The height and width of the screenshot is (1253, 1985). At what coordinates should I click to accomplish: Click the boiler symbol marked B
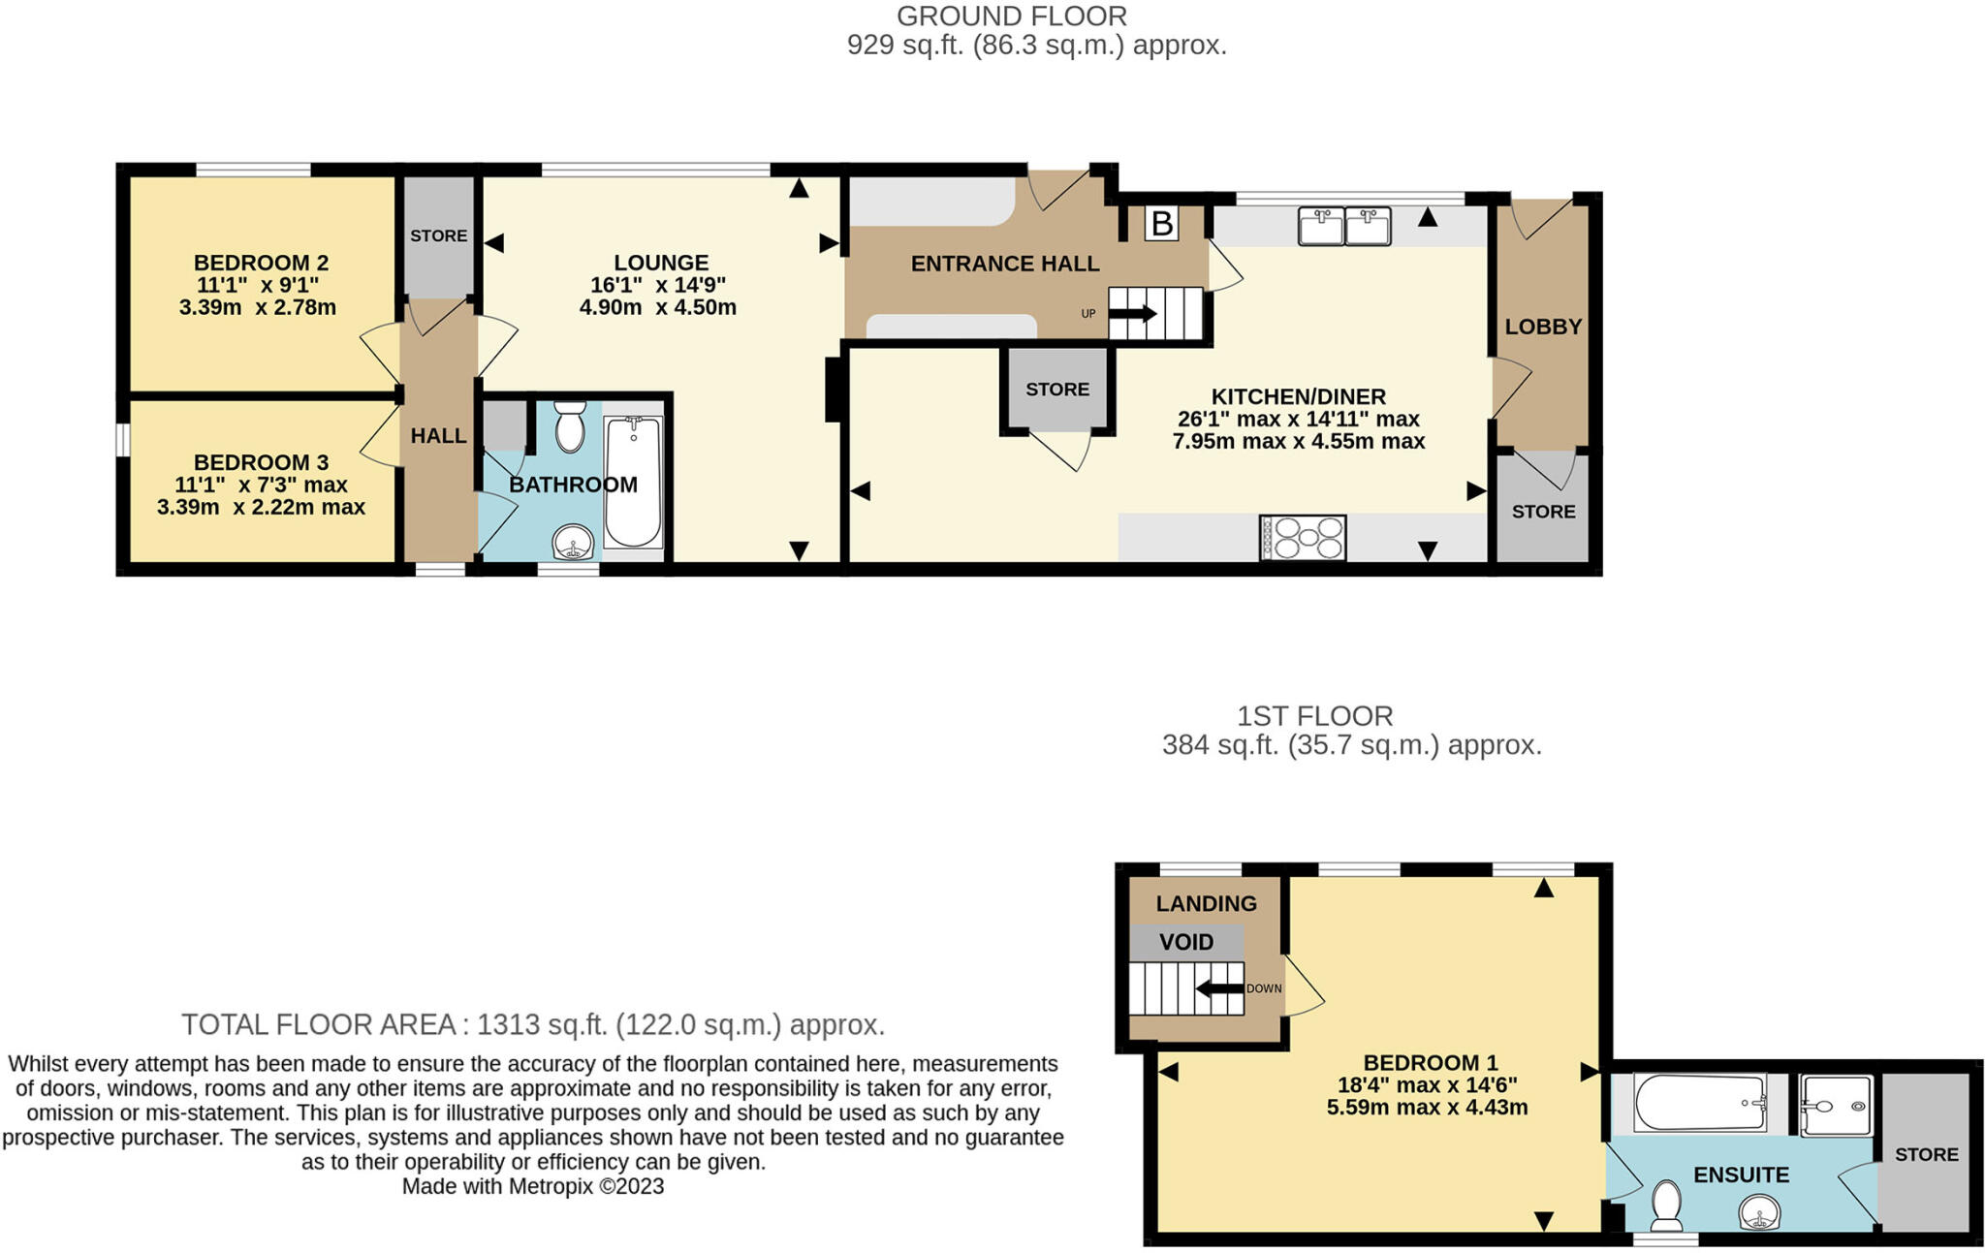click(1160, 224)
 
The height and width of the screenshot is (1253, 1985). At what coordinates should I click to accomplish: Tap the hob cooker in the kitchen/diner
click(1303, 538)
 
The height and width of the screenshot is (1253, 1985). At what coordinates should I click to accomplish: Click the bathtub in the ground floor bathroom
click(633, 482)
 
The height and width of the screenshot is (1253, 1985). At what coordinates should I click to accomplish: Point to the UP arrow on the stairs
click(1132, 314)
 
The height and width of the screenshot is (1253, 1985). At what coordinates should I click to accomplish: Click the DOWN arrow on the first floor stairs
click(1220, 988)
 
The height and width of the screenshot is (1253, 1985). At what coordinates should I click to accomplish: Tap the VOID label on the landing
click(1186, 942)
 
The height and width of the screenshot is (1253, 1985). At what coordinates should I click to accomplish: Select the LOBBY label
click(1543, 327)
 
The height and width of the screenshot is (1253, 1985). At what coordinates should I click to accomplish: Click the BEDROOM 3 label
click(261, 462)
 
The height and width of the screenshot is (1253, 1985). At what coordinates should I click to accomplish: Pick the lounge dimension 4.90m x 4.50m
click(658, 308)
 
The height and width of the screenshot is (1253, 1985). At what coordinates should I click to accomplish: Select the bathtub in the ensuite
click(1700, 1103)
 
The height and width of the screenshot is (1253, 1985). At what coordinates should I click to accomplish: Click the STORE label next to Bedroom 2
click(438, 235)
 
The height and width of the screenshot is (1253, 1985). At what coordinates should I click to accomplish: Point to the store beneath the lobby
click(1543, 511)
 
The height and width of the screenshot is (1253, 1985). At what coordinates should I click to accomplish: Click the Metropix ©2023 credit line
click(533, 1186)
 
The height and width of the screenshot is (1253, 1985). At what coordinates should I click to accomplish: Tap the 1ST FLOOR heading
click(1314, 716)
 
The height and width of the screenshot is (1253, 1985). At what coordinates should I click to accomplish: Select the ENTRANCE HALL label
click(1005, 264)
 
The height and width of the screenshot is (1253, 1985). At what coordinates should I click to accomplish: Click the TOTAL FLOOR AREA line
click(532, 1024)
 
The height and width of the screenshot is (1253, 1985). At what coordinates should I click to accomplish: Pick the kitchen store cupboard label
click(1057, 389)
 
